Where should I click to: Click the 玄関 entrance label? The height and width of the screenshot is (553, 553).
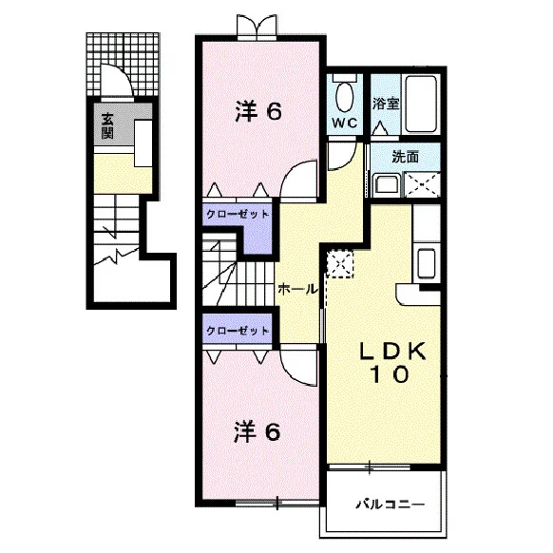tap(107, 126)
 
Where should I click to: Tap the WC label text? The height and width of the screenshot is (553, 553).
tap(345, 123)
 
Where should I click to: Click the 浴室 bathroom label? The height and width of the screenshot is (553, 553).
tap(386, 104)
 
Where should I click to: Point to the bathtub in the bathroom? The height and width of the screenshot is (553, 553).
tap(421, 104)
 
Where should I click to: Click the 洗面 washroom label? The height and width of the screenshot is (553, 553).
tap(406, 157)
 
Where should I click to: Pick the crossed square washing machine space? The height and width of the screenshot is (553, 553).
tap(422, 184)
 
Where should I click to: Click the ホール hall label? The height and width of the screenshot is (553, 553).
tap(297, 290)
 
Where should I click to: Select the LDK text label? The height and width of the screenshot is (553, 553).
tap(392, 351)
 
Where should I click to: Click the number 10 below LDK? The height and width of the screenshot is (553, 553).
tap(389, 373)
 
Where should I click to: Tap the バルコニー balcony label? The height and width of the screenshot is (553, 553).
tap(390, 505)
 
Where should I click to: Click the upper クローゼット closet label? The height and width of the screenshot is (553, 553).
tap(238, 214)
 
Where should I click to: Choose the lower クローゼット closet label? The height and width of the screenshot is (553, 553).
tap(238, 331)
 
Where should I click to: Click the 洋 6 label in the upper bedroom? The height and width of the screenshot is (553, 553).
tap(258, 111)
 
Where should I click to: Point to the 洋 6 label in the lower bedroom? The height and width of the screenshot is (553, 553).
tap(257, 432)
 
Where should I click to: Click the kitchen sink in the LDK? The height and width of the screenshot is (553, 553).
tap(427, 263)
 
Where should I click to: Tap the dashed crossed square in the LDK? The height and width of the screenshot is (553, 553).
tap(339, 264)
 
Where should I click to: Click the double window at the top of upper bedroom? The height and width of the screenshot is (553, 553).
tap(257, 28)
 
